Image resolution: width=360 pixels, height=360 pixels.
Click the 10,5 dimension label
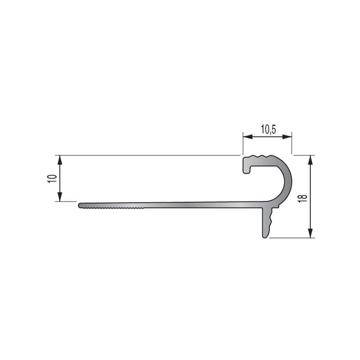268,129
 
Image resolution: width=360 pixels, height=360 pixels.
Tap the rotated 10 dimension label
53,178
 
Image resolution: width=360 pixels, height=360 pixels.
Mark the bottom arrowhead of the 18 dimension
310,234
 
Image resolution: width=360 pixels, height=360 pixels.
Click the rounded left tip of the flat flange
80,206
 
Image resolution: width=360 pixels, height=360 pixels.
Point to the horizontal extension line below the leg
292,238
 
